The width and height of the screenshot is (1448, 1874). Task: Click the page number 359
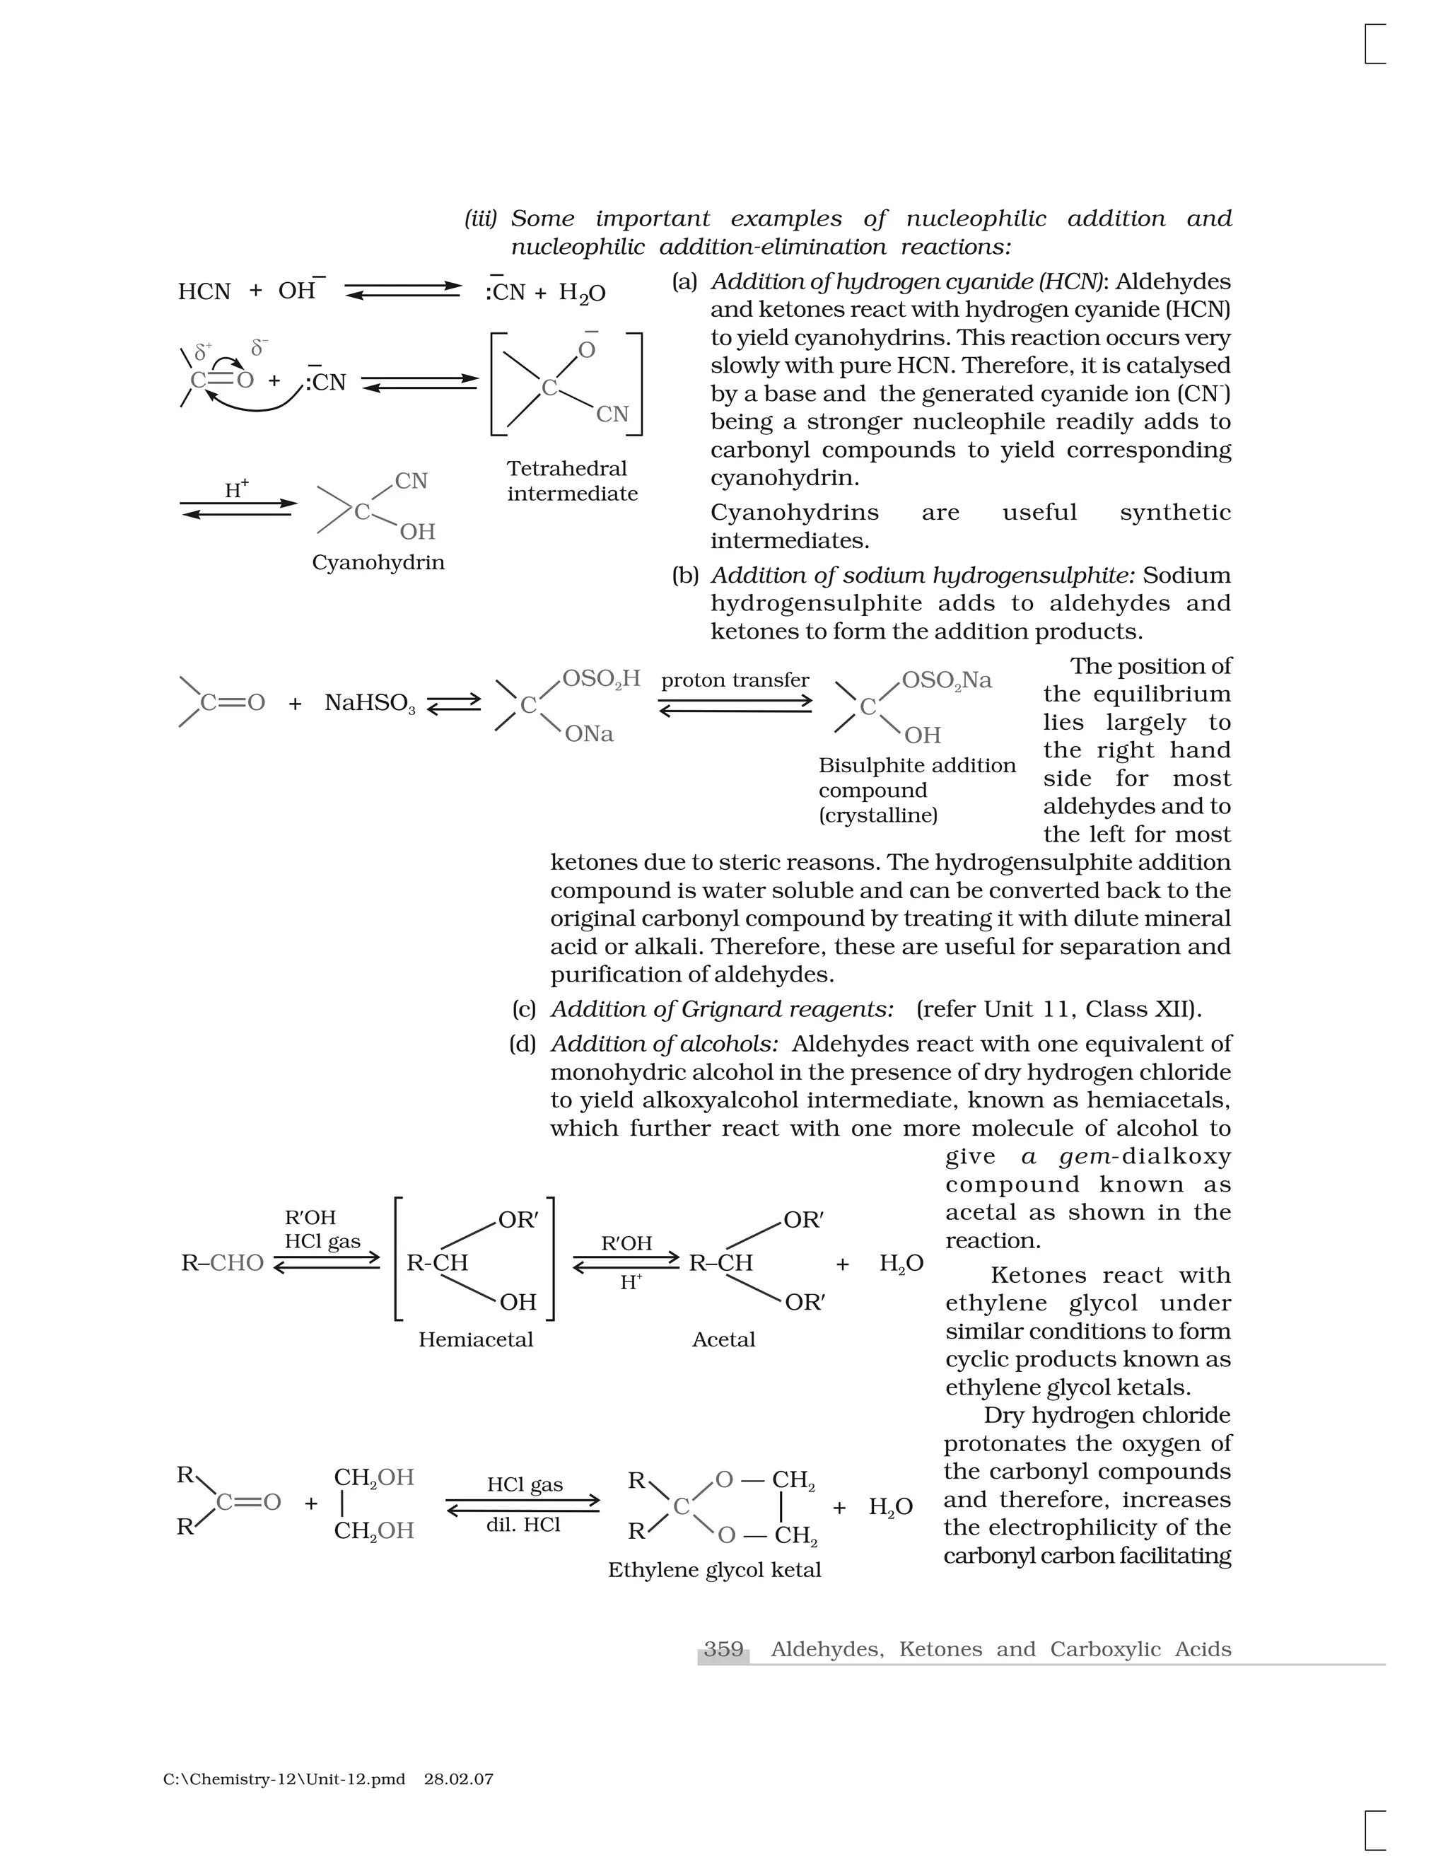click(723, 1648)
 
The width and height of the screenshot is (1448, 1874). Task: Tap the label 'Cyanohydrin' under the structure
click(378, 563)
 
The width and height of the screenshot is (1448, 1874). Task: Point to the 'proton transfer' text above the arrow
click(735, 680)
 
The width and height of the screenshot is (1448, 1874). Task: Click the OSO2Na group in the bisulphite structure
click(946, 680)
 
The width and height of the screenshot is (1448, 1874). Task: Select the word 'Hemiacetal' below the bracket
click(475, 1339)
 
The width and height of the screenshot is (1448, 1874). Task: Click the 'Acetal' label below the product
click(723, 1339)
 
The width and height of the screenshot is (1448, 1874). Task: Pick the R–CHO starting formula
click(222, 1263)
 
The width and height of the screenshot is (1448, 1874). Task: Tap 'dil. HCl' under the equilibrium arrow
click(523, 1525)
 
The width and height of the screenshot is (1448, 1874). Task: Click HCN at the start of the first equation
click(204, 292)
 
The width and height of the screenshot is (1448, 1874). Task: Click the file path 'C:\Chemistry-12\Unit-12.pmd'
click(284, 1779)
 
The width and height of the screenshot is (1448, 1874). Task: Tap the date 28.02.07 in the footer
click(458, 1779)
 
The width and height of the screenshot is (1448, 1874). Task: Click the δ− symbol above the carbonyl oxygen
click(258, 347)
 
